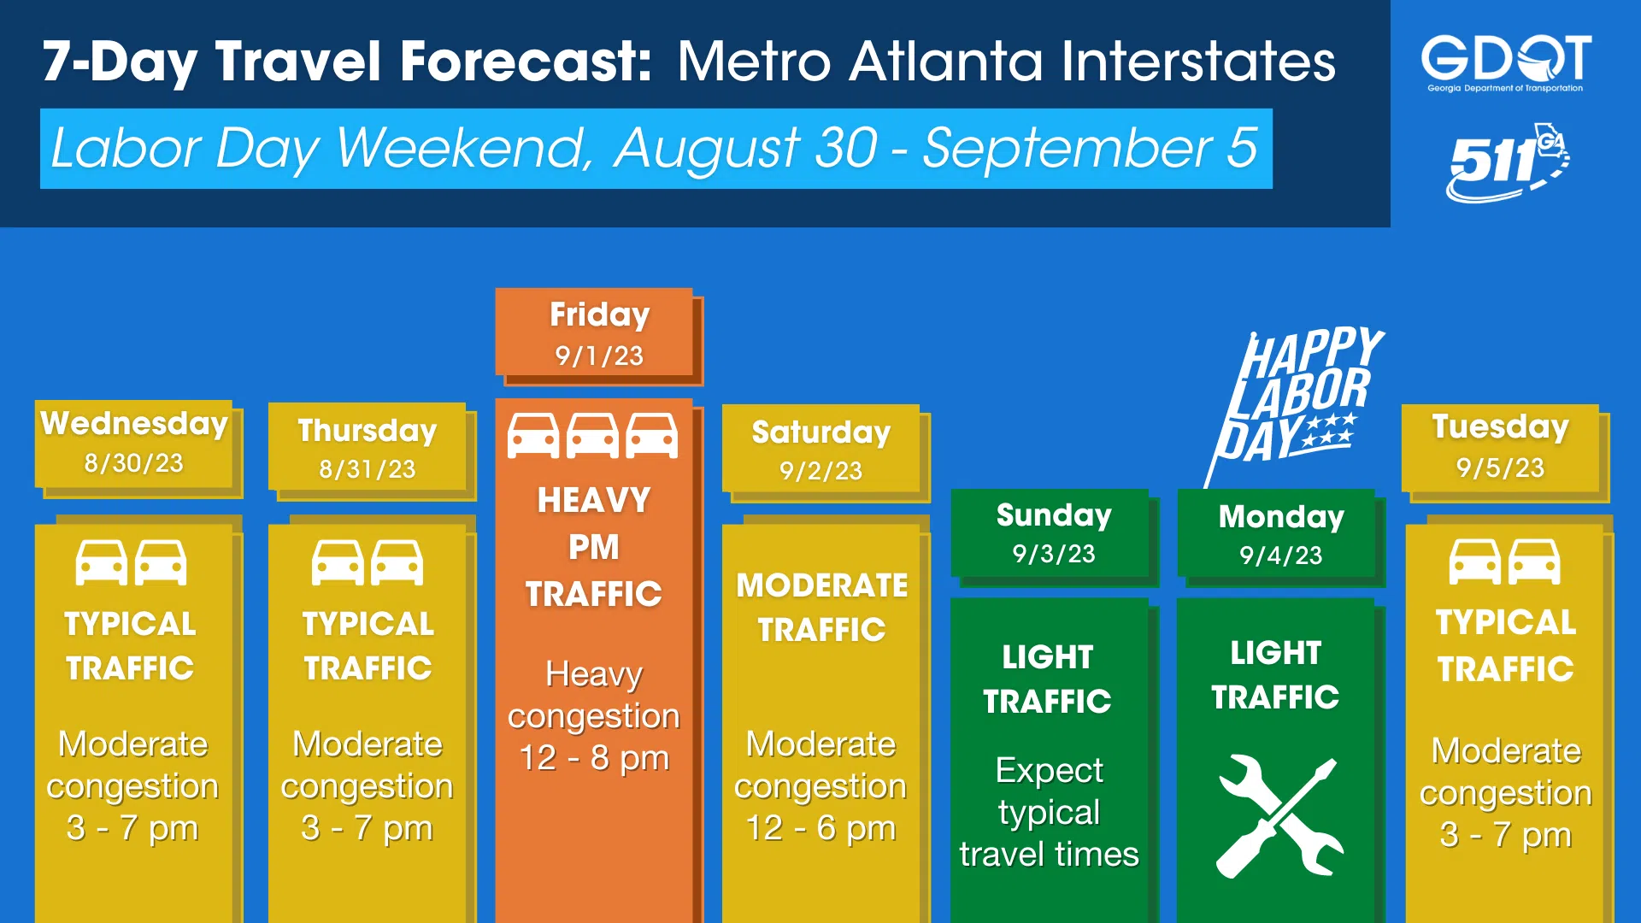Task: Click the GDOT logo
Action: pos(1506,62)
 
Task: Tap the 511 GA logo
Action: pos(1508,162)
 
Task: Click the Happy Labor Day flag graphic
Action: pos(1294,402)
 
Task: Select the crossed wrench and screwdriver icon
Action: pos(1279,815)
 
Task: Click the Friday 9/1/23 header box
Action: pos(598,335)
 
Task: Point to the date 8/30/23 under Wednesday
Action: pos(133,463)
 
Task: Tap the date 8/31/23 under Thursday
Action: pos(368,469)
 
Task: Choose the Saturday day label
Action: pos(821,432)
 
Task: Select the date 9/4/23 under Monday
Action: pos(1281,556)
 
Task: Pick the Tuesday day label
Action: pos(1501,426)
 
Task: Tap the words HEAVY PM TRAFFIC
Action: pos(594,547)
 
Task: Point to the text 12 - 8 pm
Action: pos(594,758)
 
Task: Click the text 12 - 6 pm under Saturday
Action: pos(820,828)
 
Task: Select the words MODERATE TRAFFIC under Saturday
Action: pos(822,608)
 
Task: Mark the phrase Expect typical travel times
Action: pos(1050,813)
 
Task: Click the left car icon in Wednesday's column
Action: pos(102,562)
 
